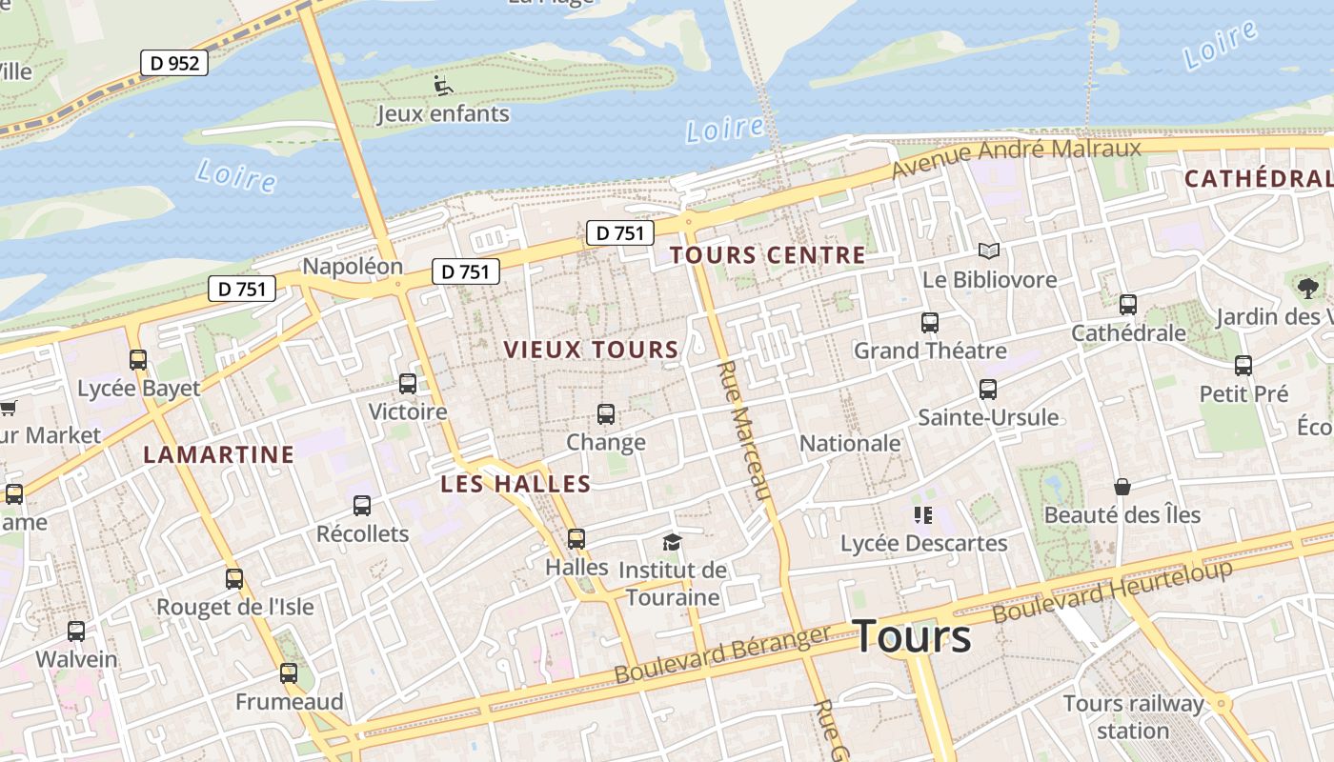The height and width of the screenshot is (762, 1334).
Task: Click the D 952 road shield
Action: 174,63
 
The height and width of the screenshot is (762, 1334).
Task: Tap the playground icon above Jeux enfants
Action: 443,86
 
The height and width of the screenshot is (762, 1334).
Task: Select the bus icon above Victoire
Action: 408,384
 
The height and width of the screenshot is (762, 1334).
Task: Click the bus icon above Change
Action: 606,414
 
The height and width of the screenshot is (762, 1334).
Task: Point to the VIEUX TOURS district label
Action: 591,350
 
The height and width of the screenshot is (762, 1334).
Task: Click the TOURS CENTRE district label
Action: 767,255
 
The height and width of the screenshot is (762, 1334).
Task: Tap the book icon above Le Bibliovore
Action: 989,251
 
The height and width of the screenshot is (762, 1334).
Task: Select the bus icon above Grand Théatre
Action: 929,323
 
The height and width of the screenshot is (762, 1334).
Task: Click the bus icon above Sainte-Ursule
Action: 988,390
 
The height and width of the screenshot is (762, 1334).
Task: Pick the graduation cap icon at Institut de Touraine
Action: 673,543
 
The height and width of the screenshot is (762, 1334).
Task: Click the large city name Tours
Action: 912,636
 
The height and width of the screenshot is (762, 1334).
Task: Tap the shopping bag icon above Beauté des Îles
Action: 1122,487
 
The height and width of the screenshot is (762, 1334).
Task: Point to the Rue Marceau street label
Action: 743,429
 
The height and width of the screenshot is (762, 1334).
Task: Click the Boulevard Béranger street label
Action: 722,654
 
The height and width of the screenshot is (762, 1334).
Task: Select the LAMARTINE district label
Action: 219,454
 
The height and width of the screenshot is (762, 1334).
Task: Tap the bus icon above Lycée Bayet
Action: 138,360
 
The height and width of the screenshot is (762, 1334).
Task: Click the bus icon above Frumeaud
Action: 289,674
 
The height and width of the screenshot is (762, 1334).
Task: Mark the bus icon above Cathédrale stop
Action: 1128,305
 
